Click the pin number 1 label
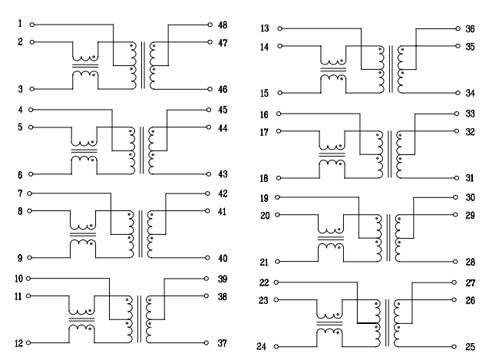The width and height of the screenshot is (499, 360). (20, 25)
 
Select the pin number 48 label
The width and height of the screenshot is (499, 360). (223, 25)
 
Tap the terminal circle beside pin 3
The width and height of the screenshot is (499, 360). (31, 89)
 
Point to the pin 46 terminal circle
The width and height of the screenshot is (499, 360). (209, 89)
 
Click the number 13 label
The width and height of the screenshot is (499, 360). (265, 28)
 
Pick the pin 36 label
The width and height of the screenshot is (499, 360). (470, 29)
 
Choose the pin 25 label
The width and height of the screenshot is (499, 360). (470, 347)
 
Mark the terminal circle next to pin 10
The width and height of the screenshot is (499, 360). (31, 278)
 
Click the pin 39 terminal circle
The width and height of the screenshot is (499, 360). (208, 278)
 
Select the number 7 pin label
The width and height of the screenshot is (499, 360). (20, 193)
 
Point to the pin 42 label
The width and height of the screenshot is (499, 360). (223, 193)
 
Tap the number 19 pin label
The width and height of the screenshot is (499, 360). (265, 198)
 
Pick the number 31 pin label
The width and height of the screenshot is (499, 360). (470, 178)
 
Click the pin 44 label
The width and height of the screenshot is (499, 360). (223, 127)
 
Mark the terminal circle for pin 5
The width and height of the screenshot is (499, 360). (31, 127)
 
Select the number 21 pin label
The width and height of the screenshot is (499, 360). (265, 262)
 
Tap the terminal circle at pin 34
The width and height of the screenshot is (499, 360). (454, 93)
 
